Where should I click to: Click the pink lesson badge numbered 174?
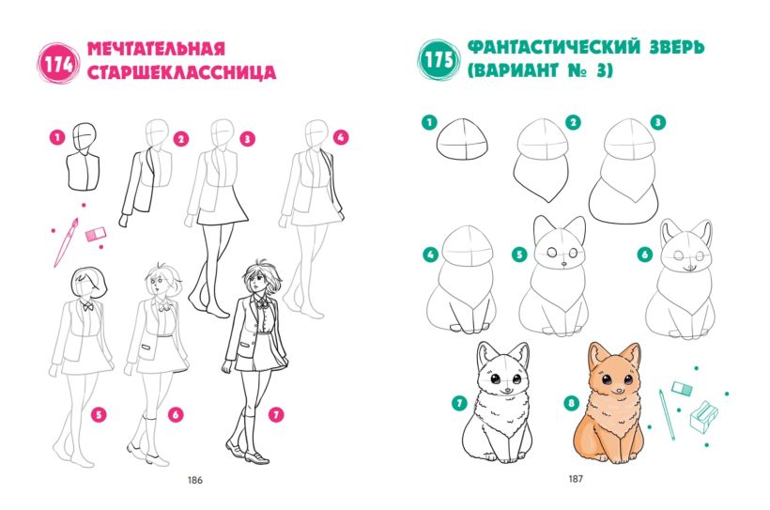click(58, 64)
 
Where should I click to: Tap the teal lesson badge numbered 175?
click(438, 60)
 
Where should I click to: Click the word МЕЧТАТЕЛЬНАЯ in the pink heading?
click(156, 49)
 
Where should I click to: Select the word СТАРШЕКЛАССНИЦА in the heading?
click(181, 71)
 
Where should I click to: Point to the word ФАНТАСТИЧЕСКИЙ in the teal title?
click(554, 47)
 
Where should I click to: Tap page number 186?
click(195, 480)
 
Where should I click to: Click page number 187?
click(576, 478)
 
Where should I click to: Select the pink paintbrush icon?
click(66, 242)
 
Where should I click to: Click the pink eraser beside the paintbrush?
click(96, 235)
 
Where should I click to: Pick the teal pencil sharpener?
click(704, 417)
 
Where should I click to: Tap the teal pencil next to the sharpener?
click(668, 415)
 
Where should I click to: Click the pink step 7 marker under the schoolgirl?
click(276, 415)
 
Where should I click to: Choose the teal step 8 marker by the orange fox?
click(571, 404)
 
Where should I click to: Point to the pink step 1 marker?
click(57, 136)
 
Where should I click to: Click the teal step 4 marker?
click(430, 255)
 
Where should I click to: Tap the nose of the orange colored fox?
click(616, 389)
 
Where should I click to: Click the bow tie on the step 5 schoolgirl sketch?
click(88, 306)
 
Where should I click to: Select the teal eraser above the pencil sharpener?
click(682, 389)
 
